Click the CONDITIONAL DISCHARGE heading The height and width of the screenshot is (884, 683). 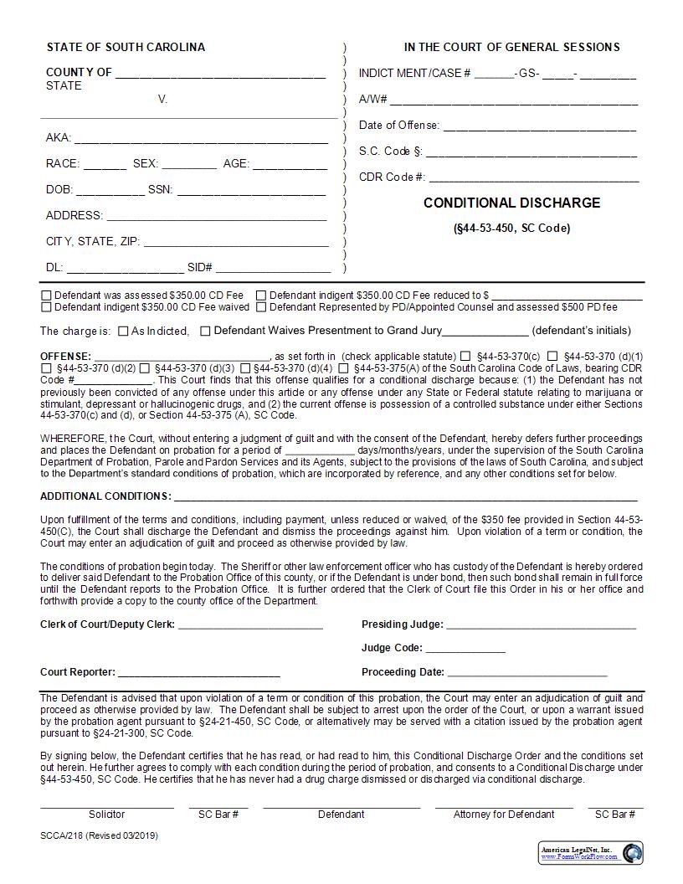pos(511,203)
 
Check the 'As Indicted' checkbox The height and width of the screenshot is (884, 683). pos(123,331)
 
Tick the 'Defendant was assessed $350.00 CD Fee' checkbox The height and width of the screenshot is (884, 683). pos(46,296)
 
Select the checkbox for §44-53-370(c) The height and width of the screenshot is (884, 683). pos(465,356)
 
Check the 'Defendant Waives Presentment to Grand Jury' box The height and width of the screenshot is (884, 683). pos(205,331)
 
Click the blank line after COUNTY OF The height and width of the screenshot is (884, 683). pos(220,74)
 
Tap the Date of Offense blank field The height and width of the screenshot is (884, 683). pos(539,126)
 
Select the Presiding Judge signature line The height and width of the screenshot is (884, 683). pos(541,625)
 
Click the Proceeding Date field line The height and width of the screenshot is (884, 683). pos(527,673)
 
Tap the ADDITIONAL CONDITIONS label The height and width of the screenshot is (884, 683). pos(105,496)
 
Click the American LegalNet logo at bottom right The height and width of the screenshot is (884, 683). pos(591,852)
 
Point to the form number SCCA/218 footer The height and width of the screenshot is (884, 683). pos(99,835)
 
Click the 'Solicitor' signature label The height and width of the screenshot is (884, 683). pos(106,814)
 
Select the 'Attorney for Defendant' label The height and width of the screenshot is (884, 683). pos(504,814)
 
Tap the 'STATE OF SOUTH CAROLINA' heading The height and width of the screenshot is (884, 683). pos(126,47)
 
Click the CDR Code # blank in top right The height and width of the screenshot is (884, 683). pos(534,178)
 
